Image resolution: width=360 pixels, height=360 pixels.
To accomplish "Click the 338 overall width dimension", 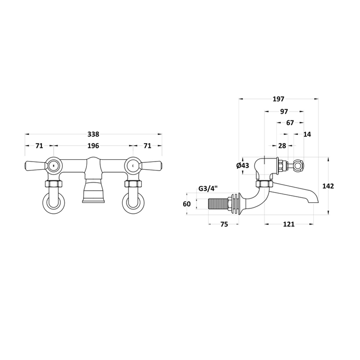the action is click(x=93, y=134).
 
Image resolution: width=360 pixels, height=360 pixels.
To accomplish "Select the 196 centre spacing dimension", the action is click(x=93, y=146).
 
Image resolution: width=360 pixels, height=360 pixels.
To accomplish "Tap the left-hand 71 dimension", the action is click(x=39, y=146).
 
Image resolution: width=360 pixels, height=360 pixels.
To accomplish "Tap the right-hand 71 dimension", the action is click(x=148, y=146).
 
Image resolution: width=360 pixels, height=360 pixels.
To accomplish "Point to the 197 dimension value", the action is click(x=279, y=99).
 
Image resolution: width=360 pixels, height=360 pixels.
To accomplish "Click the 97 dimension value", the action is click(x=284, y=112).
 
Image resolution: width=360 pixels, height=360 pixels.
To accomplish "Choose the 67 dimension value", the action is click(x=290, y=123).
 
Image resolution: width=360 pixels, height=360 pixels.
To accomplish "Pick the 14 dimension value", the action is click(x=307, y=134).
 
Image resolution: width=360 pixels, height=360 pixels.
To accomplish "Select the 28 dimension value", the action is click(x=282, y=146).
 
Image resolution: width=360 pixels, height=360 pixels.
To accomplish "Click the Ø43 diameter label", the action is click(x=243, y=165).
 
